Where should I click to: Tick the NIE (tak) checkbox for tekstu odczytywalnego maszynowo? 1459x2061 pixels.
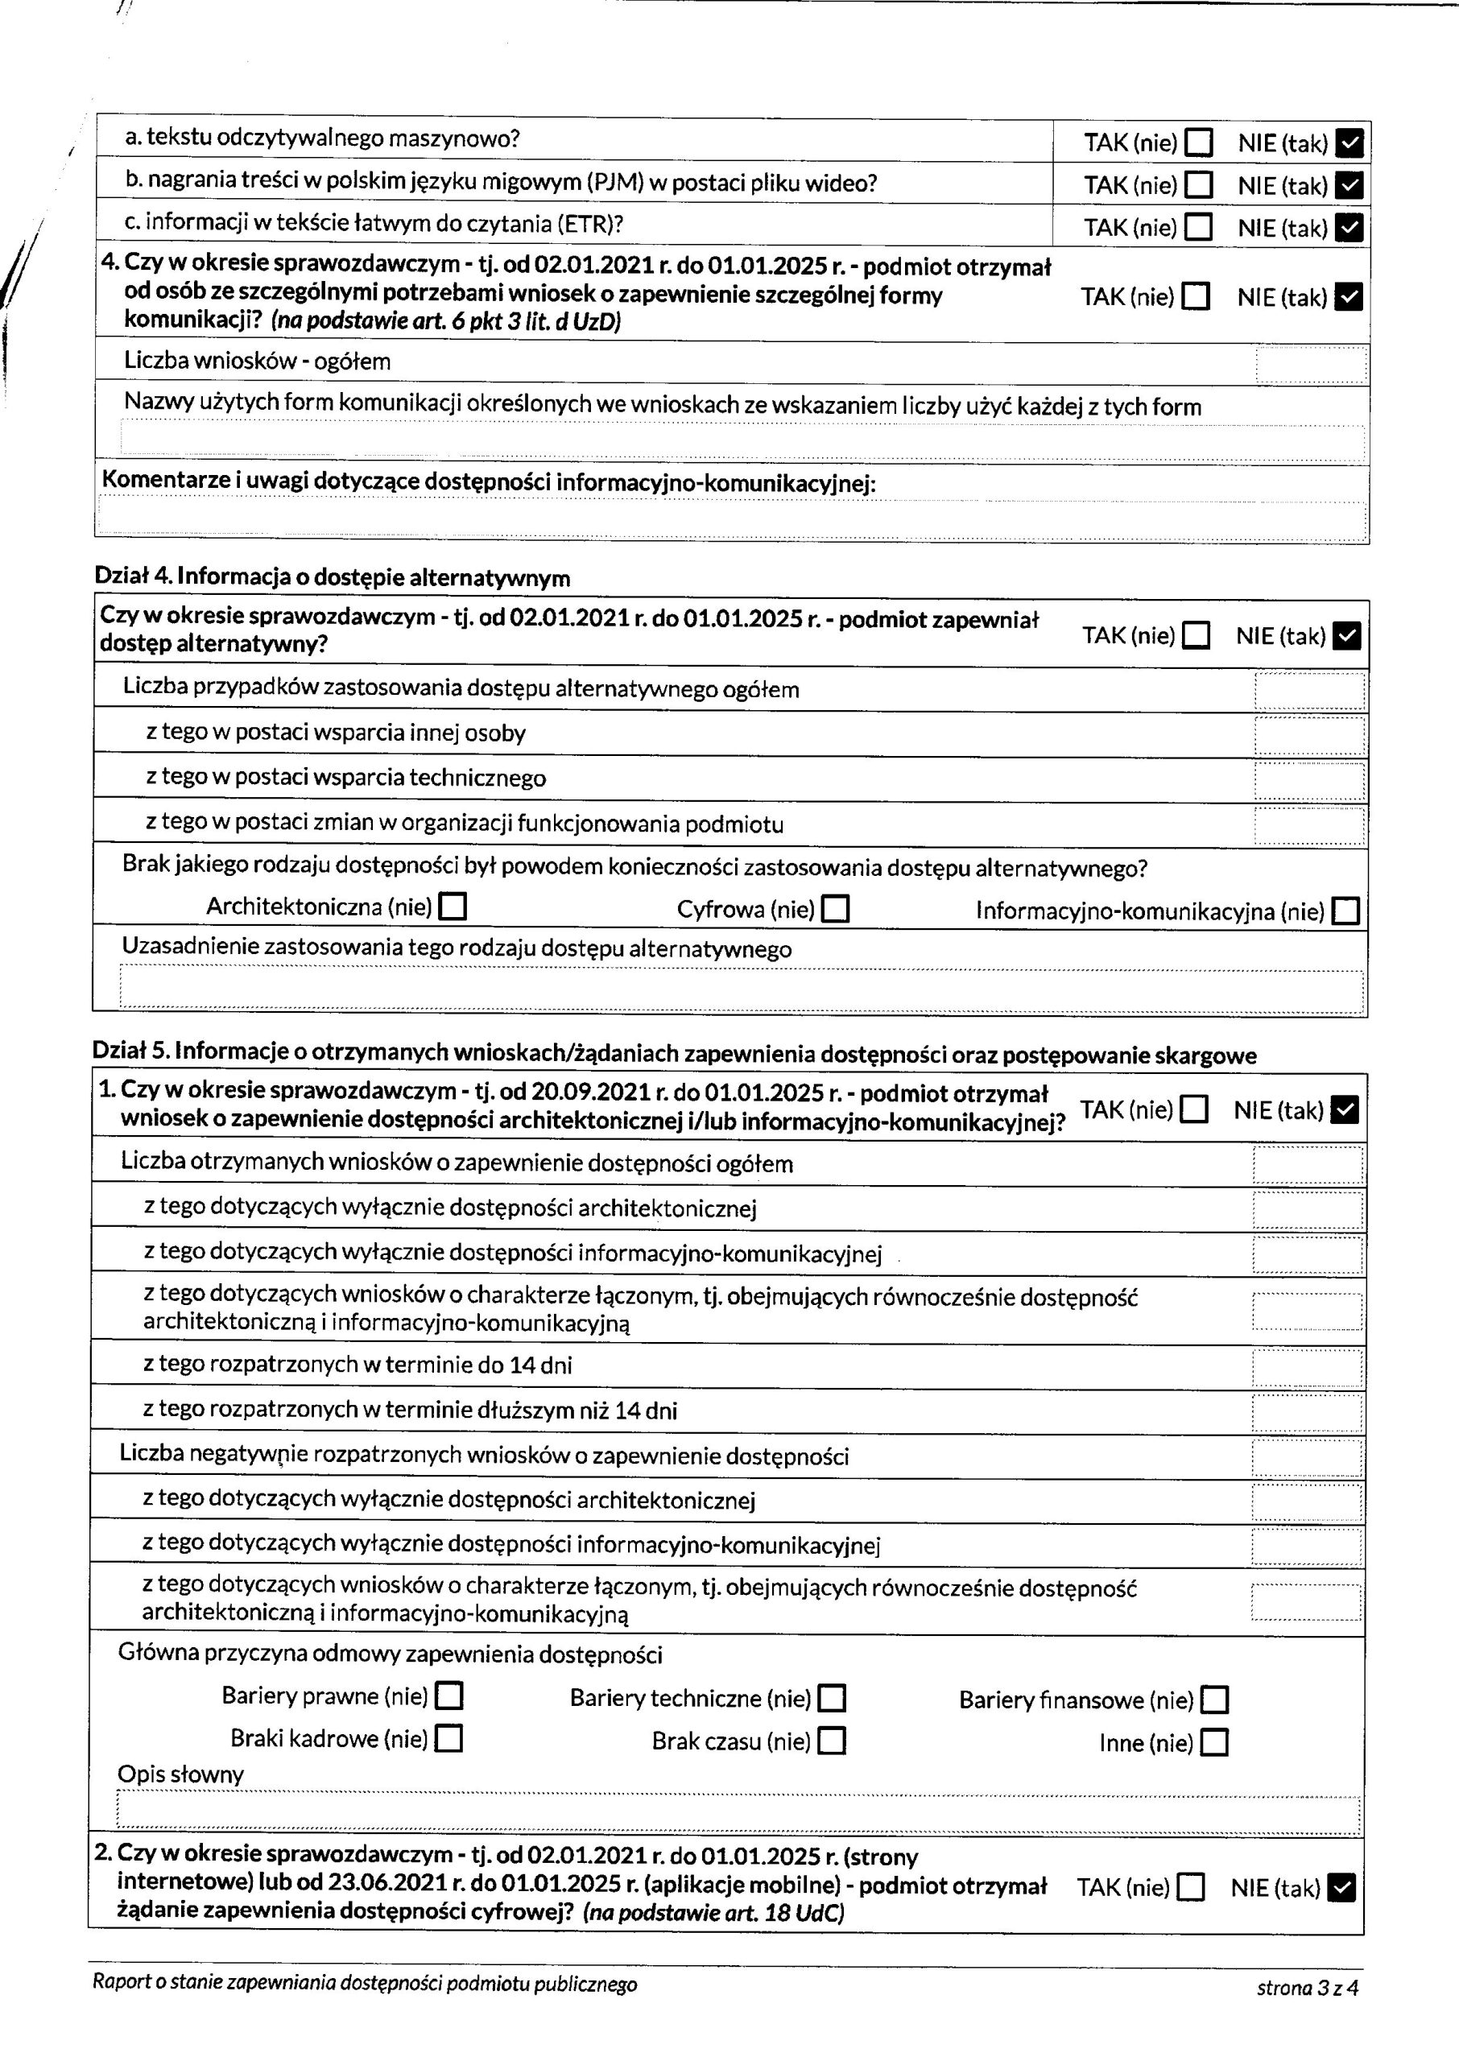(1349, 142)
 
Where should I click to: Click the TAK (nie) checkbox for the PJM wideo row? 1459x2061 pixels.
(1198, 185)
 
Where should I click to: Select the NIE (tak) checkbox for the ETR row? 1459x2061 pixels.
(1349, 228)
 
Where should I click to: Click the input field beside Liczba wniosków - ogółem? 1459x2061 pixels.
(1311, 365)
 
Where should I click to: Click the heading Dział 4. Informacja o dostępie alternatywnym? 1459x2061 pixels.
(333, 577)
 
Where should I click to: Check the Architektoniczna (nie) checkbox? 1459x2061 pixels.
(452, 907)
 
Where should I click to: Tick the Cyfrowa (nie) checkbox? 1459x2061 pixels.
(836, 910)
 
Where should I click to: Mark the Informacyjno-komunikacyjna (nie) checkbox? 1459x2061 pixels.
(1345, 912)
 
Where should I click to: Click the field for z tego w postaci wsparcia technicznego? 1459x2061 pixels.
(1309, 780)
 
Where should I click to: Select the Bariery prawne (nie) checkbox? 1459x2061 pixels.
(448, 1696)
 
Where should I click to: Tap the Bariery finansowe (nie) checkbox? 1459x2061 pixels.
(1215, 1700)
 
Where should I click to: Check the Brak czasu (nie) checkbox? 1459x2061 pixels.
(833, 1741)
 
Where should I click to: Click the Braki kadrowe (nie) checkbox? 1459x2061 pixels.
(448, 1740)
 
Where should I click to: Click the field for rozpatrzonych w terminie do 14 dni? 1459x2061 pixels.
(1307, 1369)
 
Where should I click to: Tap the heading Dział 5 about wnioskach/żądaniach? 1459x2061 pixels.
(674, 1055)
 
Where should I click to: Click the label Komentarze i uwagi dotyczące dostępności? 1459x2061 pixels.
(488, 482)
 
